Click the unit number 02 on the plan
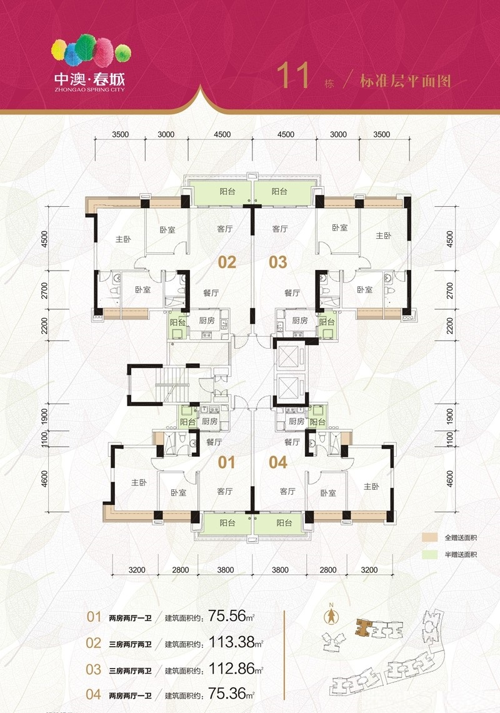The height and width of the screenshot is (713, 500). pyautogui.click(x=227, y=262)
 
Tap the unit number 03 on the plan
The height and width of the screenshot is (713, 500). pyautogui.click(x=278, y=262)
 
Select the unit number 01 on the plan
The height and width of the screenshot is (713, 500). pyautogui.click(x=227, y=462)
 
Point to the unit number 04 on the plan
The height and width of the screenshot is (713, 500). pyautogui.click(x=278, y=462)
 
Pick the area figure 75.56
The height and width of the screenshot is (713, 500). pyautogui.click(x=227, y=616)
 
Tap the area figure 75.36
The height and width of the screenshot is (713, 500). pyautogui.click(x=227, y=694)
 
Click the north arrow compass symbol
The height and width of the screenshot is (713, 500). pyautogui.click(x=331, y=615)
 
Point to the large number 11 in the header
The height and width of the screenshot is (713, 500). pyautogui.click(x=293, y=76)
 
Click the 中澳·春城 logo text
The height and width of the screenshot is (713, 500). pyautogui.click(x=89, y=79)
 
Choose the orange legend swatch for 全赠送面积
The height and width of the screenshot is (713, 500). pyautogui.click(x=429, y=537)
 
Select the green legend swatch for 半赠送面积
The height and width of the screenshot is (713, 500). pyautogui.click(x=429, y=555)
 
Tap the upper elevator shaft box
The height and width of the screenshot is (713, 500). pyautogui.click(x=287, y=357)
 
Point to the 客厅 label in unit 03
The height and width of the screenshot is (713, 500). pyautogui.click(x=280, y=229)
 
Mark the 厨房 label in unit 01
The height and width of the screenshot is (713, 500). pyautogui.click(x=210, y=422)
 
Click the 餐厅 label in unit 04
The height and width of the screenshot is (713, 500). pyautogui.click(x=292, y=442)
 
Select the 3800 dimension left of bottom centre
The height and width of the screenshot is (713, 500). pyautogui.click(x=226, y=570)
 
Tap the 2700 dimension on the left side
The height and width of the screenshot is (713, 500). pyautogui.click(x=44, y=290)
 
